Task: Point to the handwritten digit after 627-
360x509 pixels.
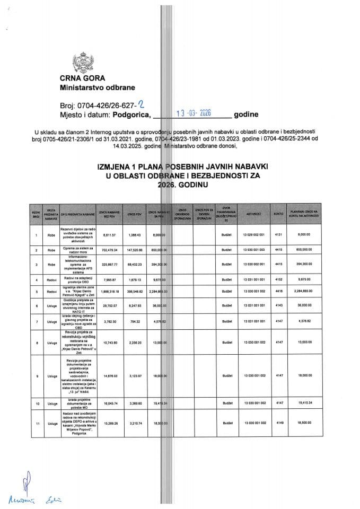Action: click(141, 102)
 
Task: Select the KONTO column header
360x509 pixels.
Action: click(277, 213)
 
